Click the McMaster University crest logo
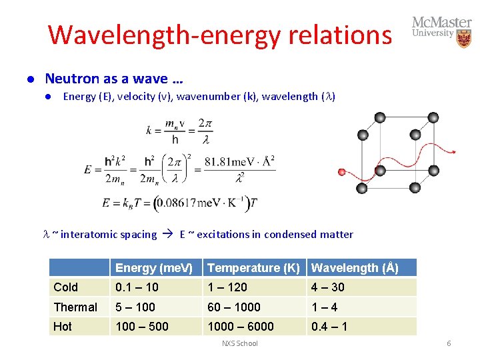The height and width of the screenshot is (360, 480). tap(463, 39)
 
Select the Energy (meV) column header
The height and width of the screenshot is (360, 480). tap(154, 268)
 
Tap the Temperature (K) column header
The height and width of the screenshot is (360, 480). tap(253, 268)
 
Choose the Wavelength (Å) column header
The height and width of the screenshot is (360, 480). tap(355, 268)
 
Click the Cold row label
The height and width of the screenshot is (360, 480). tap(66, 287)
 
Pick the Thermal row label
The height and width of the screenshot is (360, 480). tap(75, 307)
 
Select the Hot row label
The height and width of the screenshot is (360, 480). tap(63, 327)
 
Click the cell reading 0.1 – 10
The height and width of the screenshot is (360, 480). tap(136, 287)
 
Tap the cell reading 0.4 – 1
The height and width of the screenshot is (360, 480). tap(329, 327)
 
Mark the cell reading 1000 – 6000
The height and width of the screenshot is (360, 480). tap(241, 327)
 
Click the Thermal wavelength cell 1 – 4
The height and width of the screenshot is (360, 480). tap(325, 307)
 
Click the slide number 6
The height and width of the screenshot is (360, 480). tap(449, 343)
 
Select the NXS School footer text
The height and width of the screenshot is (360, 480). tap(239, 343)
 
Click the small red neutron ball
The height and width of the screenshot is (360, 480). tap(343, 172)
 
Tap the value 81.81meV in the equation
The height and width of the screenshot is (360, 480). tap(227, 161)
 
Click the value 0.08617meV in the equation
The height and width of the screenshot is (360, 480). tap(186, 203)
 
